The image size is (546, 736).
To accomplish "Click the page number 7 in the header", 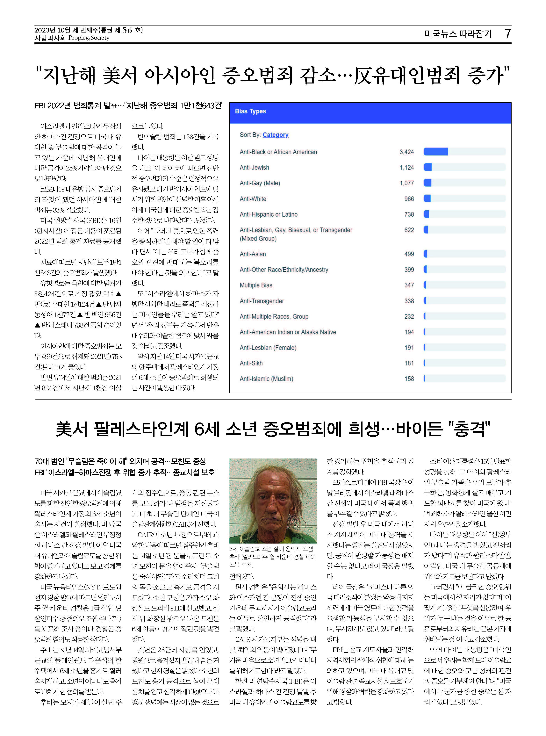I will [x=508, y=33].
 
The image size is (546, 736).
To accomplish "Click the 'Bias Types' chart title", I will [x=250, y=111].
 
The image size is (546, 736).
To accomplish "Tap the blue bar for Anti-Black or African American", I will [x=436, y=152].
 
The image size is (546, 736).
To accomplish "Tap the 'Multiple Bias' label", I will [x=256, y=285].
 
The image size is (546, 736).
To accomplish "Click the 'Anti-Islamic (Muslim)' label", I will [x=266, y=379].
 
